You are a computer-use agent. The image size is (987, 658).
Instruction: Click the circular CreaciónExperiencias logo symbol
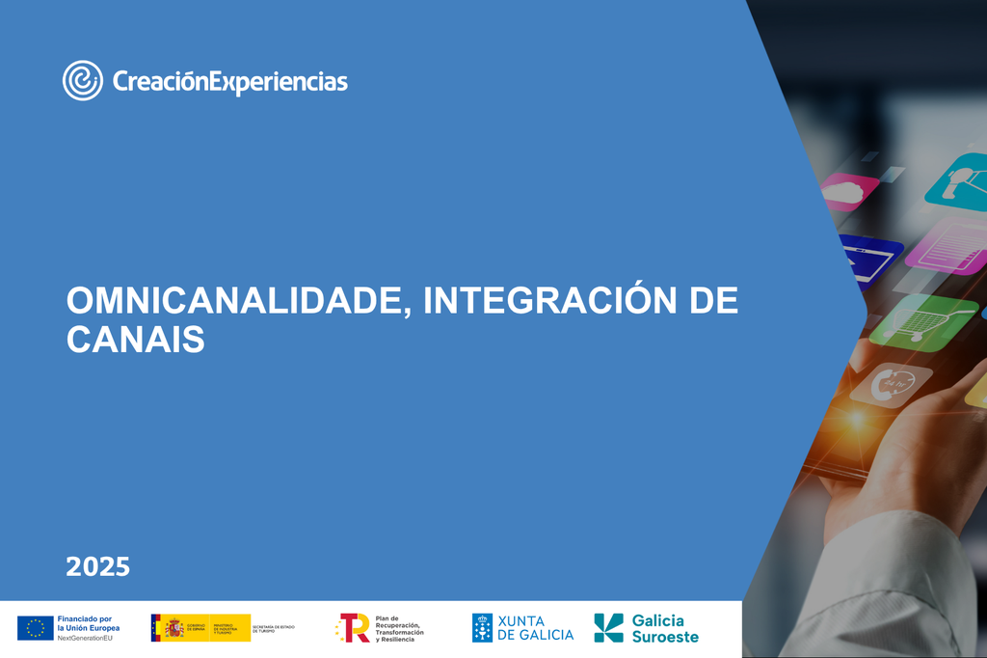click(x=83, y=80)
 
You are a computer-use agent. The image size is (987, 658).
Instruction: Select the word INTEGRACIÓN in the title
click(x=537, y=301)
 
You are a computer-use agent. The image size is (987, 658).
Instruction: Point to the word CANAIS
click(x=136, y=340)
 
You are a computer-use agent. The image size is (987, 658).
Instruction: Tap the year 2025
click(x=97, y=566)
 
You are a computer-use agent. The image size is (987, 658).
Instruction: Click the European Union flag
click(x=36, y=628)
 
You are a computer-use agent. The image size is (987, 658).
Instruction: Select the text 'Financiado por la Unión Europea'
click(x=88, y=623)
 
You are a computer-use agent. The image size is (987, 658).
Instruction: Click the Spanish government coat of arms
click(x=174, y=628)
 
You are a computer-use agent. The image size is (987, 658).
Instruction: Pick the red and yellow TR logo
click(x=354, y=628)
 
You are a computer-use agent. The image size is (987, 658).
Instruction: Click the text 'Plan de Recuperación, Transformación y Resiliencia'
click(x=399, y=628)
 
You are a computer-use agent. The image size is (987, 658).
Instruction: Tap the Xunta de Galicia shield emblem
click(x=482, y=628)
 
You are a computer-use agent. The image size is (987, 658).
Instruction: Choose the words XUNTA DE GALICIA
click(x=535, y=628)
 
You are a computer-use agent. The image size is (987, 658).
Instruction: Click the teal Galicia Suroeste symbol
click(x=608, y=628)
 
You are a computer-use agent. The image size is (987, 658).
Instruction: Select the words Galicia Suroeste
click(x=664, y=628)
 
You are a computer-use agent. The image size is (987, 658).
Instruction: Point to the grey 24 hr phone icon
click(x=892, y=384)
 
